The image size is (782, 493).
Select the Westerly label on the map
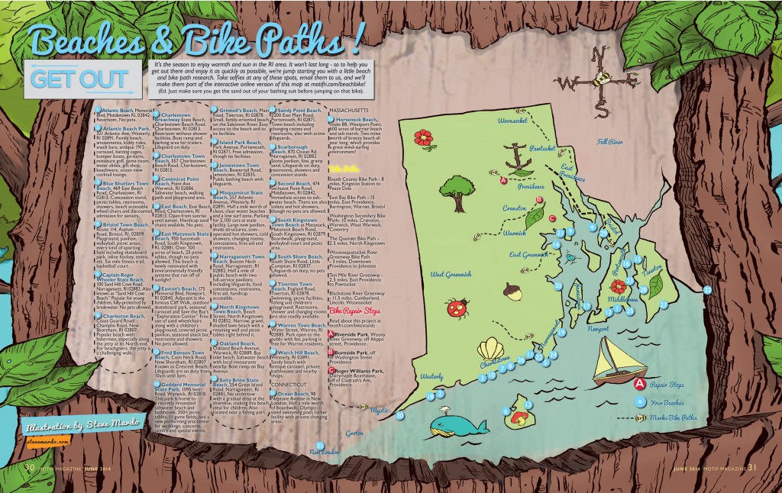(x=431, y=376)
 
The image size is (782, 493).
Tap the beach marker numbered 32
(x=707, y=290)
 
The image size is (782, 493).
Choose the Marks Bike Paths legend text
(x=677, y=417)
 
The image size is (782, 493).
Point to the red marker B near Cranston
(x=540, y=198)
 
